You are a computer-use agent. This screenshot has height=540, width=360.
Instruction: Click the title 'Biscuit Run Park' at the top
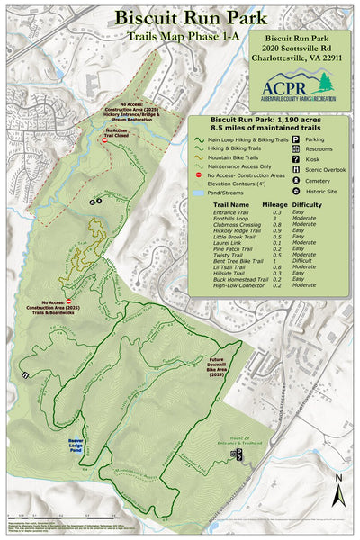(180, 18)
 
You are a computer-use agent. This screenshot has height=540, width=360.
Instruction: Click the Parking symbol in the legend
(296, 139)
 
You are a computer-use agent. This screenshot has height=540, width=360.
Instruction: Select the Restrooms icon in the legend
(296, 149)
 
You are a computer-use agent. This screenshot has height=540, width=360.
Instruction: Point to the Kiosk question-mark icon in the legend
(296, 159)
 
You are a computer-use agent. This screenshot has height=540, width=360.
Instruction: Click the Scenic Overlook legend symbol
(296, 170)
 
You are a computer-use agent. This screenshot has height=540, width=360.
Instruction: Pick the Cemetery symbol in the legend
(296, 180)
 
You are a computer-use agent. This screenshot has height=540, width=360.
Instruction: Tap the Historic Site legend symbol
(296, 191)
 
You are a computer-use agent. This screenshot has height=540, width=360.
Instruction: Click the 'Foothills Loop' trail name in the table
(229, 217)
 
